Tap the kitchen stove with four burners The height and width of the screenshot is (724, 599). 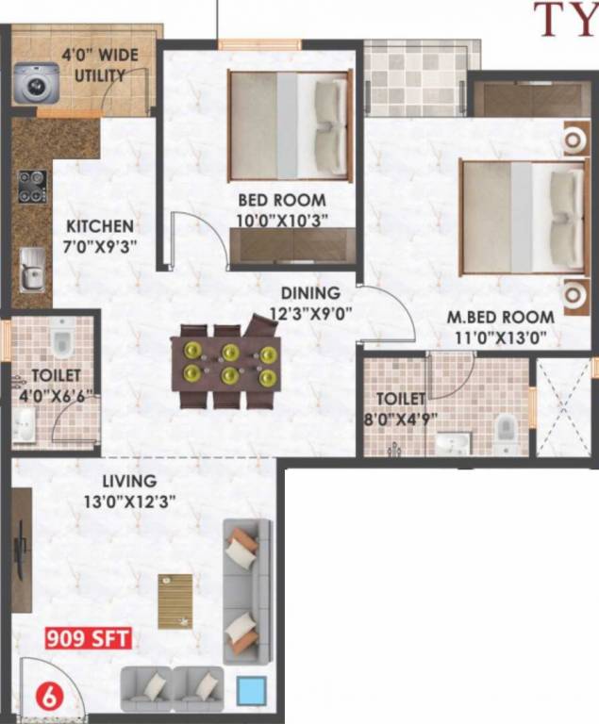click(31, 186)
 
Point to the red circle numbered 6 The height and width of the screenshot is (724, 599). click(43, 699)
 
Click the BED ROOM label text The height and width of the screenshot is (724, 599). click(281, 200)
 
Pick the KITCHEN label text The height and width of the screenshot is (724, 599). click(99, 226)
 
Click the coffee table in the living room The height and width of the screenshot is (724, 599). click(175, 601)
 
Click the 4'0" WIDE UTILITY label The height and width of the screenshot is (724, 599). click(100, 65)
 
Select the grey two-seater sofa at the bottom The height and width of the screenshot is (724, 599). click(173, 688)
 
